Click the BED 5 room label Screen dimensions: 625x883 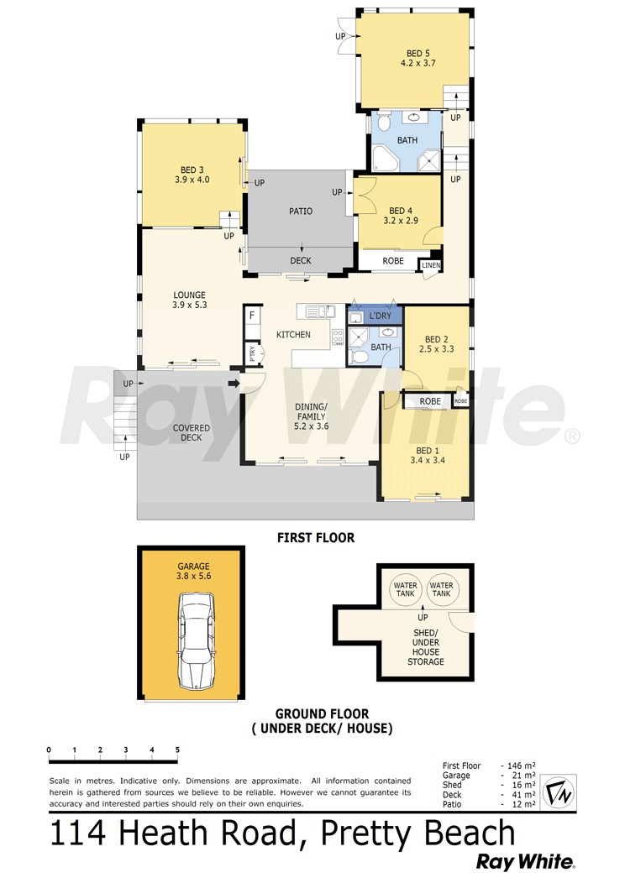pos(418,54)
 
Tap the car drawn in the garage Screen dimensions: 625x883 pos(196,641)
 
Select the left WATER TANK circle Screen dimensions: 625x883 pos(405,589)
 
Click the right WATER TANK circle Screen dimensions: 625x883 pos(442,589)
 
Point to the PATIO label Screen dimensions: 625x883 pos(301,212)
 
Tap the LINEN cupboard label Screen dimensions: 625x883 pos(431,265)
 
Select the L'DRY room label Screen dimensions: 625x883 pos(380,316)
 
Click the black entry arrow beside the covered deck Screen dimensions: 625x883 pos(234,384)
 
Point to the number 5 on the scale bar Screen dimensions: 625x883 pos(177,750)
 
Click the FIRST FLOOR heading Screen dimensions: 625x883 pos(316,538)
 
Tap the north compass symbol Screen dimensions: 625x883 pos(558,793)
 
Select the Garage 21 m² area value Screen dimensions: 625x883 pos(523,776)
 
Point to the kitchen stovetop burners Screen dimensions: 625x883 pos(338,337)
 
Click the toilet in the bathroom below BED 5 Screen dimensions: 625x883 pos(384,123)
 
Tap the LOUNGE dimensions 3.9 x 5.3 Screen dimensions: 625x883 pos(189,306)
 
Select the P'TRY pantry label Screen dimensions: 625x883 pos(253,353)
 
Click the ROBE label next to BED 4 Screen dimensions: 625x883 pos(393,261)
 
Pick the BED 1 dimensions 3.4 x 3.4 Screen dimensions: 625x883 pos(428,461)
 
